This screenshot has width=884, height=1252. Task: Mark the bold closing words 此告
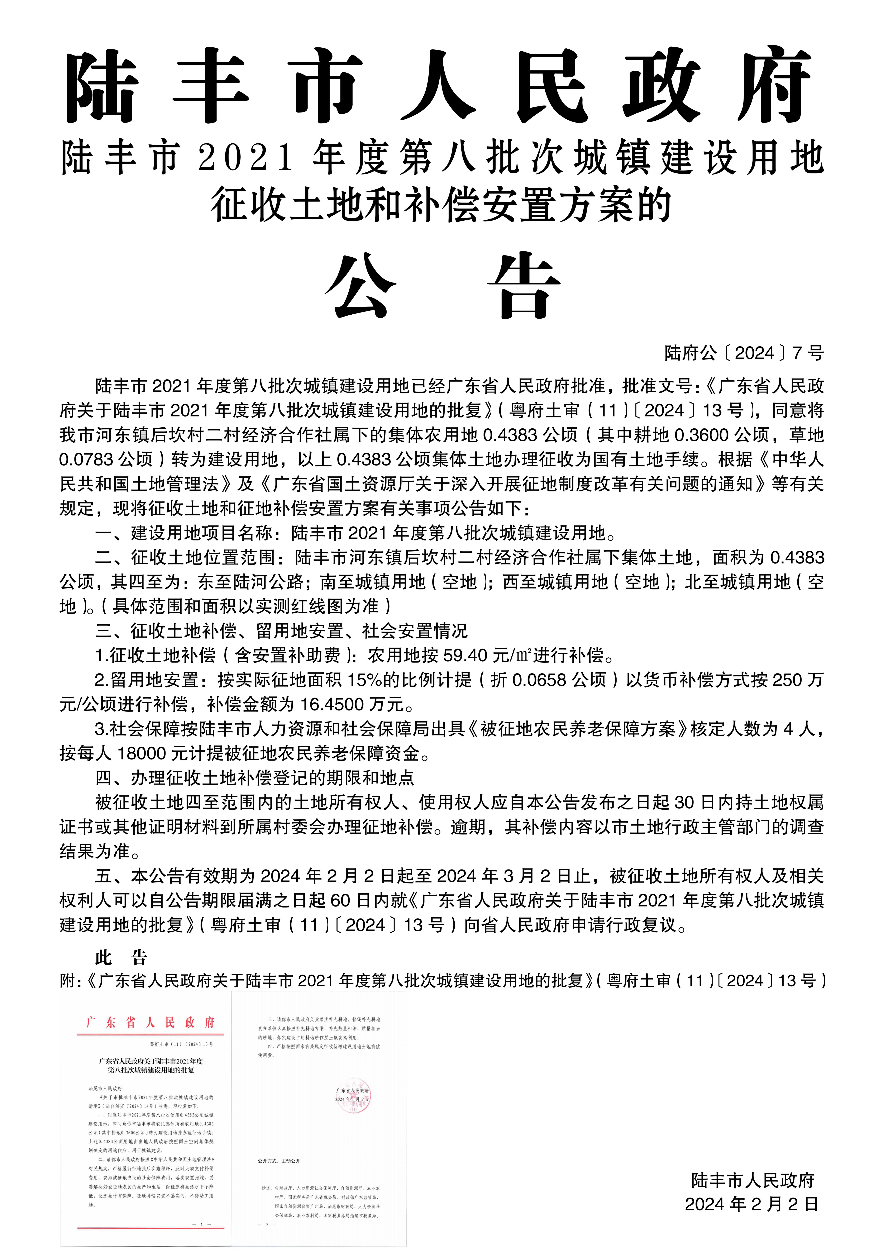[121, 958]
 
